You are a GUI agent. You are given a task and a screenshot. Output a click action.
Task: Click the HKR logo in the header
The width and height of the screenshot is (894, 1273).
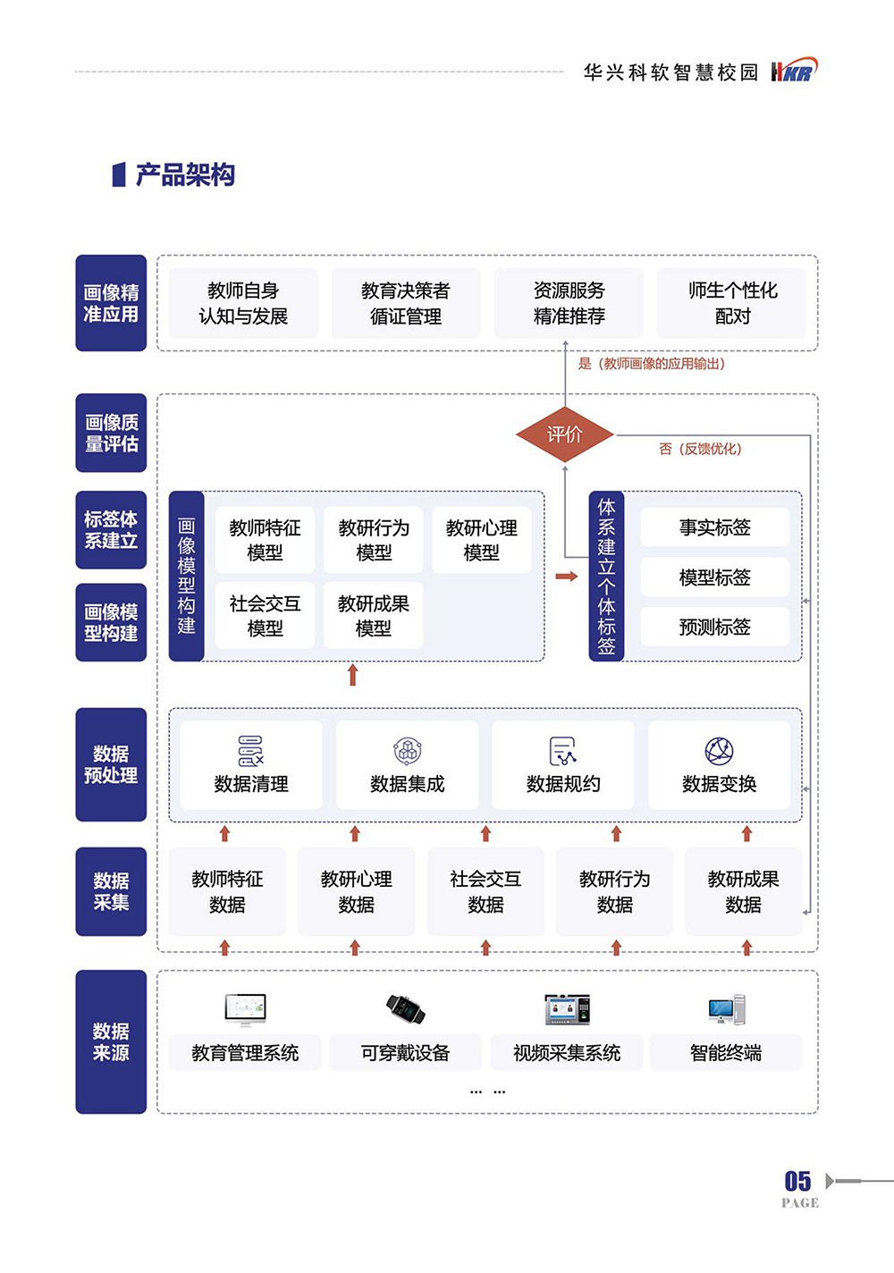pos(793,71)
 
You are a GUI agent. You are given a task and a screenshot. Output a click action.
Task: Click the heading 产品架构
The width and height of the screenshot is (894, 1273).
pos(185,175)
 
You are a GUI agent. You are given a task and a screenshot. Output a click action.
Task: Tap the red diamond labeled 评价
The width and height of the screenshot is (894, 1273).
pos(565,434)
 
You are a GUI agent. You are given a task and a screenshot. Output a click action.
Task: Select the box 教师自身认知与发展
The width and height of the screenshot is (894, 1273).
pos(243,303)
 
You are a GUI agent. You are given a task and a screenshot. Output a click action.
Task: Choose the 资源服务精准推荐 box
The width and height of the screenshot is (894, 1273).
pos(569,303)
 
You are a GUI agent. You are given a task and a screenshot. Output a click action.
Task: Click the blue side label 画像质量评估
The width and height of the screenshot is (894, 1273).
pos(111,433)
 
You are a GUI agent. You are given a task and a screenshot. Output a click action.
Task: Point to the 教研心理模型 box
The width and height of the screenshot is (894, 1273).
pos(482,540)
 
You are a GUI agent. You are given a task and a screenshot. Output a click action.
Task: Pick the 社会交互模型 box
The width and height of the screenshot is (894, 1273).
pos(265,616)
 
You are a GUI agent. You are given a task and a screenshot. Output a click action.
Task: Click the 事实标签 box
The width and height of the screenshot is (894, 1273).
pos(714,527)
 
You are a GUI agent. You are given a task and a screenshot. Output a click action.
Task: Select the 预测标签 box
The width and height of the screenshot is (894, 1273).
pos(714,627)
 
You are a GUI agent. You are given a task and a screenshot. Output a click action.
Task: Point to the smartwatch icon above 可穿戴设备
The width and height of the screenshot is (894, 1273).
pos(405,1008)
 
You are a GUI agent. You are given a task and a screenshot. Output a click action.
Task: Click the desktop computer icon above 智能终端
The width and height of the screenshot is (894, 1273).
pos(726,1009)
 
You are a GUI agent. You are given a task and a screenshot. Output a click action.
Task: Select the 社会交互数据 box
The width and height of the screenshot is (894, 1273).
pos(485,891)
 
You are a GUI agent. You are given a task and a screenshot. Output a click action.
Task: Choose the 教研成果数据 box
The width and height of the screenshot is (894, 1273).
pos(743,891)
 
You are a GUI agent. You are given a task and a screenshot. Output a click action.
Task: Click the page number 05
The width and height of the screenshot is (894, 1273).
pos(797,1181)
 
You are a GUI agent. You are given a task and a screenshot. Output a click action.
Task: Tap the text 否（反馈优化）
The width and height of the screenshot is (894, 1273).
pos(700,449)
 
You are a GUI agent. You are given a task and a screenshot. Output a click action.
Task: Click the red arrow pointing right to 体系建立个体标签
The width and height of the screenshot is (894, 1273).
pos(567,577)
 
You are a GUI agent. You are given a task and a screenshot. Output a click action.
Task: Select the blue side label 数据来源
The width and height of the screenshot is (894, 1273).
pos(111,1041)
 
